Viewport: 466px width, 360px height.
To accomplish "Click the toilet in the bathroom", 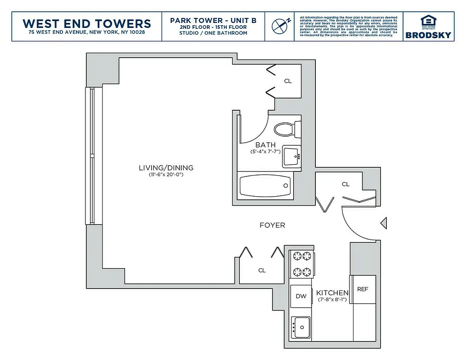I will click(284, 130).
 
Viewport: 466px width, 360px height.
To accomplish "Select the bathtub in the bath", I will click(264, 185).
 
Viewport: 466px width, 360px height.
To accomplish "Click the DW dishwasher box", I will click(301, 296).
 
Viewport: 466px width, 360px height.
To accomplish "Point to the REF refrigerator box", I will click(363, 289).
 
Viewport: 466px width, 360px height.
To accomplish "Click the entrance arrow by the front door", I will click(383, 223).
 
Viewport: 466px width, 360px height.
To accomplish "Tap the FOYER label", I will click(272, 225).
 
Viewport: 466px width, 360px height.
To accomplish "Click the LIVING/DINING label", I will click(166, 168).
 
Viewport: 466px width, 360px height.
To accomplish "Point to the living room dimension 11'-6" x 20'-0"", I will click(166, 175).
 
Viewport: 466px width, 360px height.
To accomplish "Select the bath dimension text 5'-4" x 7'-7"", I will click(265, 152).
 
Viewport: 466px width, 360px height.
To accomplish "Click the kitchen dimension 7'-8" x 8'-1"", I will click(333, 299).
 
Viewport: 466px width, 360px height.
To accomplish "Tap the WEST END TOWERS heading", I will click(86, 23).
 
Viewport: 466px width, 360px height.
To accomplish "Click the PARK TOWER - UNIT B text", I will click(213, 21).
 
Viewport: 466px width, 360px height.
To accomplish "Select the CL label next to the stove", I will click(262, 270).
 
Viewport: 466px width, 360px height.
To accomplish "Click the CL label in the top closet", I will click(288, 81).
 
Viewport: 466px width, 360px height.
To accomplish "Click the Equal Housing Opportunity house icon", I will click(427, 21).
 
